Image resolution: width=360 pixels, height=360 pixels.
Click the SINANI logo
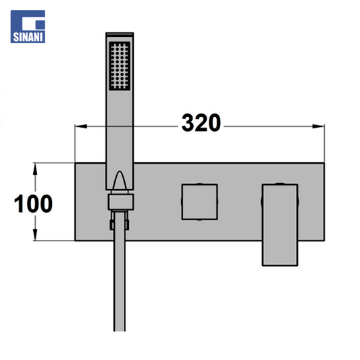(x=28, y=26)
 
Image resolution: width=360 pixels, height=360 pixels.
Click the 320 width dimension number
(x=201, y=123)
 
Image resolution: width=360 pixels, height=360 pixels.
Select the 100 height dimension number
(x=34, y=204)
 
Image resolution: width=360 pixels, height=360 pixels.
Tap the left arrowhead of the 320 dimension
(x=81, y=126)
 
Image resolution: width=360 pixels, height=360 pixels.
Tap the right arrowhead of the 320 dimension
(x=318, y=126)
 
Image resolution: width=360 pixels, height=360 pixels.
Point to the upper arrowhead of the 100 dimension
(x=35, y=170)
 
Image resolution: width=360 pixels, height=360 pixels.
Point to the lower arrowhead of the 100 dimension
(x=35, y=234)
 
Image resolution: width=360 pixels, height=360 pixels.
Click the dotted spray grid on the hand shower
(x=120, y=66)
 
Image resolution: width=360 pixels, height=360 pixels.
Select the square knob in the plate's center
(x=199, y=202)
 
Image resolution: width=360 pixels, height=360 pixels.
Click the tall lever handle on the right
(x=280, y=225)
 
